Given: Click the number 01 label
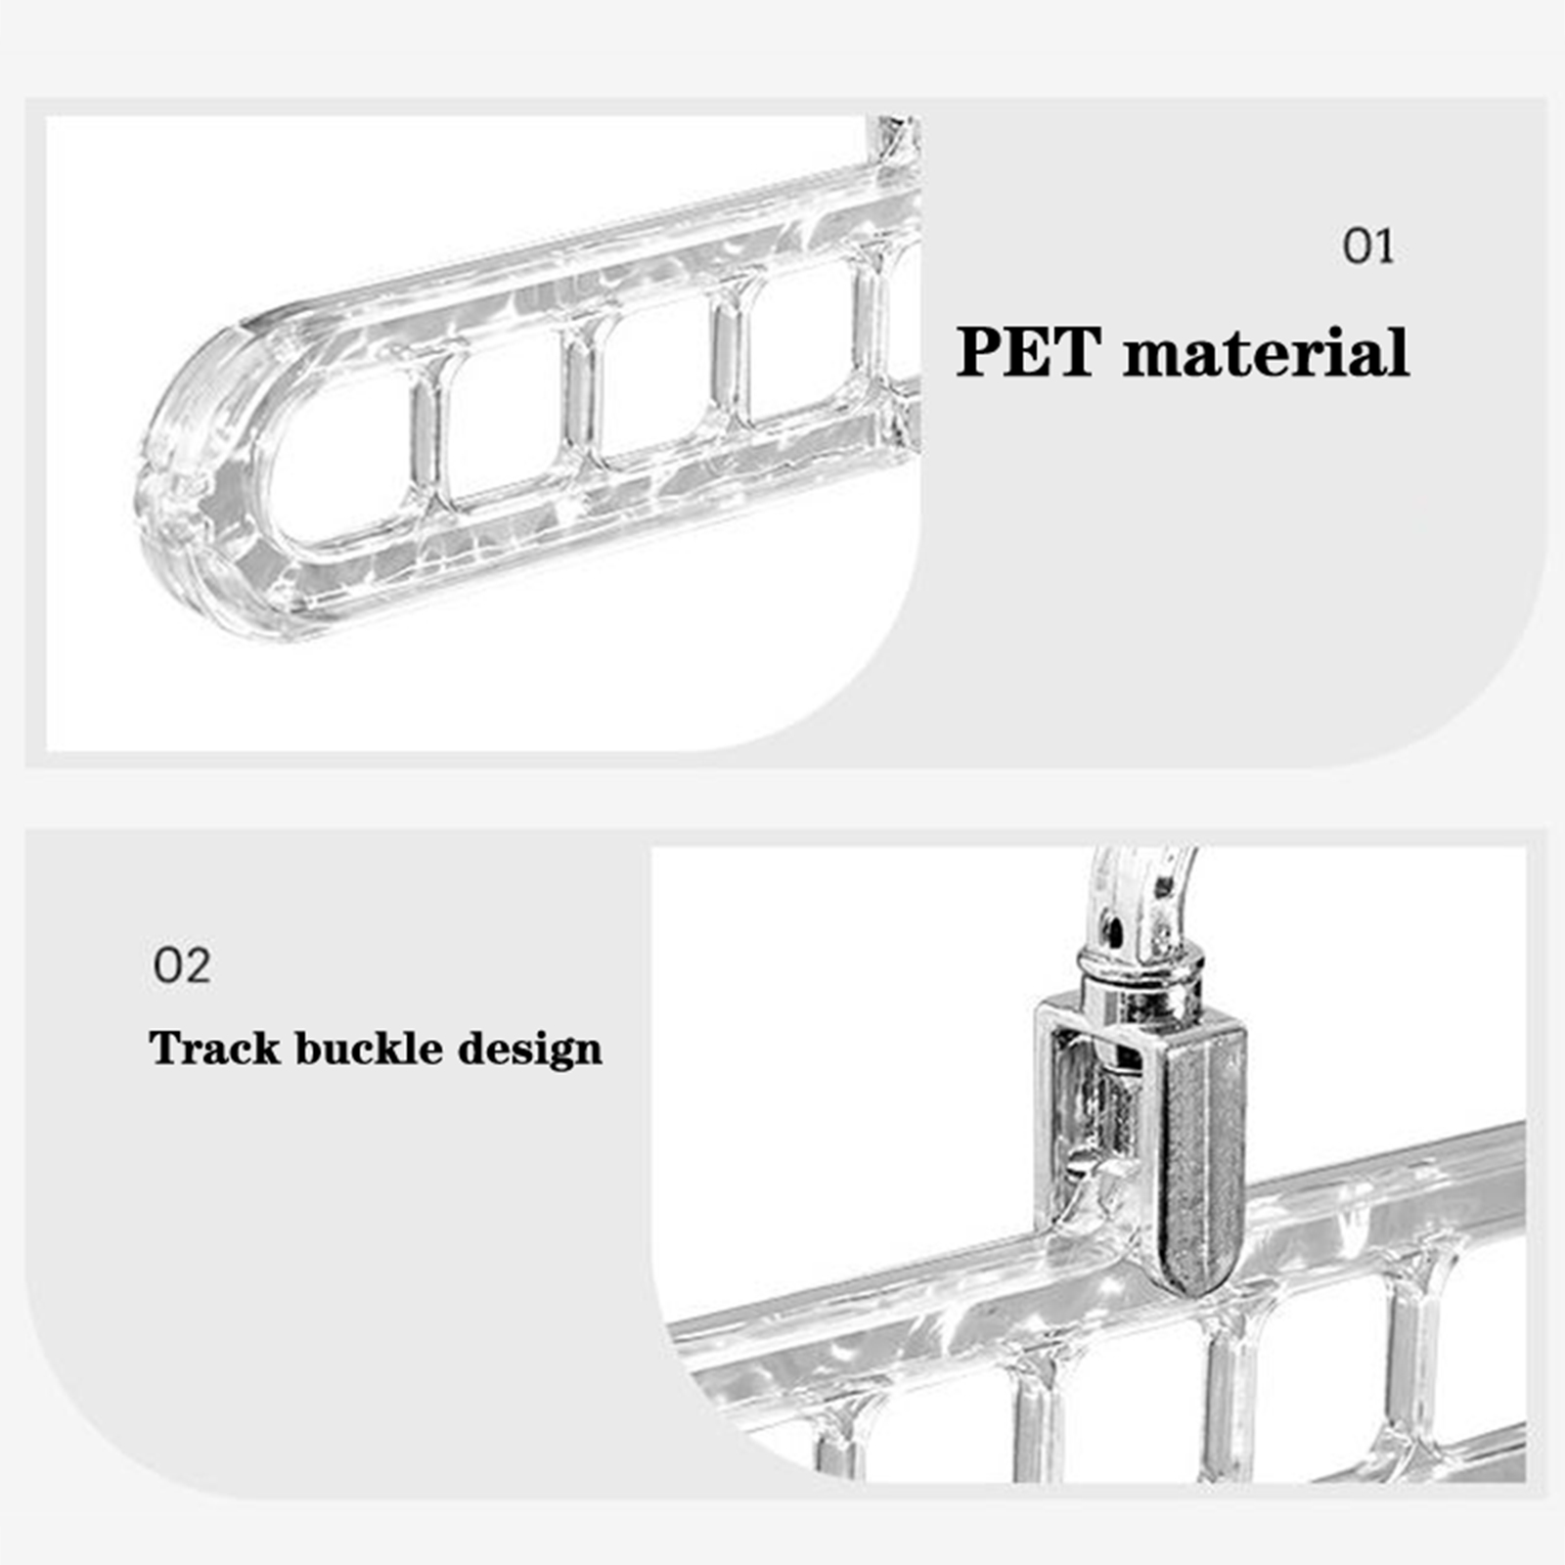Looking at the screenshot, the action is [x=1367, y=246].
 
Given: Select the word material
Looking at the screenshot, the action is [x=1267, y=352].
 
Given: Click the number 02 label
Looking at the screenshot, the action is [x=182, y=966].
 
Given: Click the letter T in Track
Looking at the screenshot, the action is [x=166, y=1048].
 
